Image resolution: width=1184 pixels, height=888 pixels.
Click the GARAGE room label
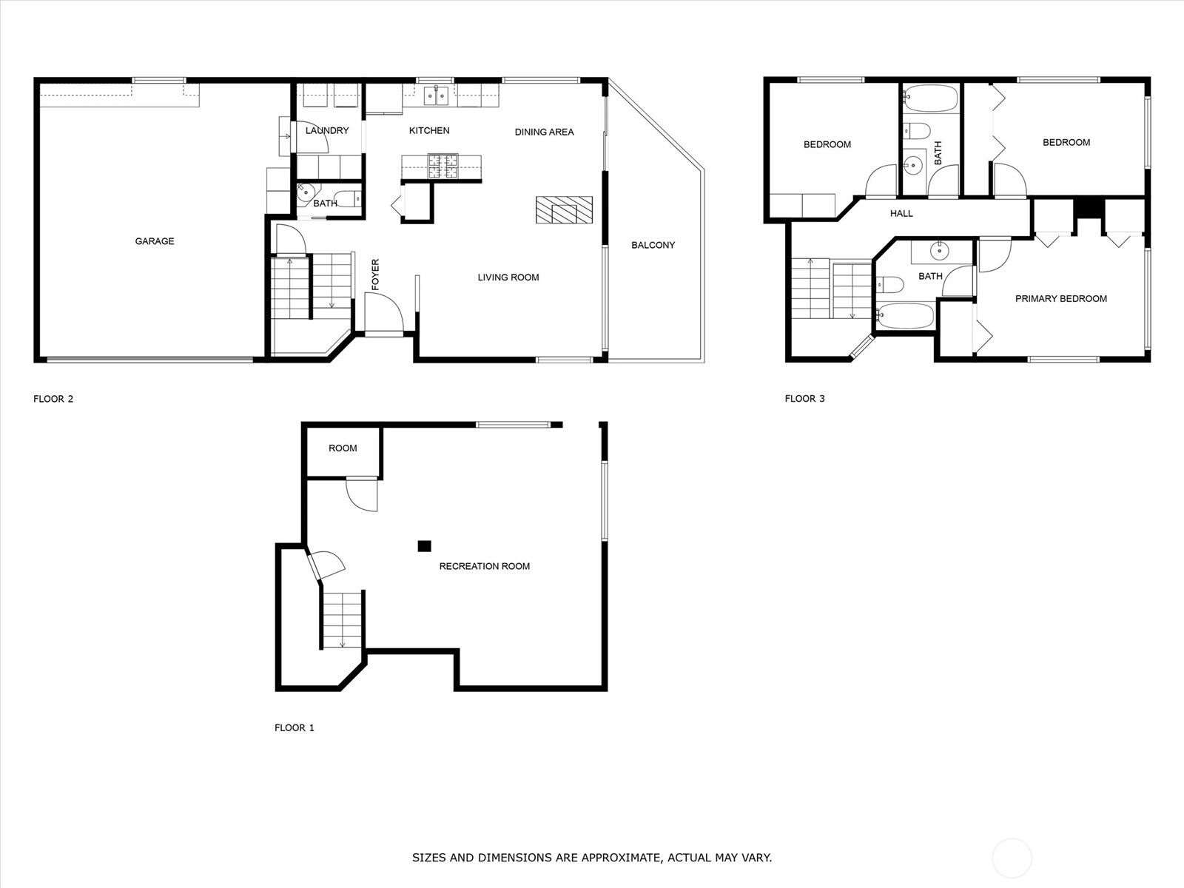click(x=154, y=241)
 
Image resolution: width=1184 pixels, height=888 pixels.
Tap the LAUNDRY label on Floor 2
click(x=327, y=130)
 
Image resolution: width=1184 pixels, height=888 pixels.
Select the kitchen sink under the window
click(x=437, y=96)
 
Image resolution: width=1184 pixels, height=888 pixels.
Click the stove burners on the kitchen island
click(x=443, y=166)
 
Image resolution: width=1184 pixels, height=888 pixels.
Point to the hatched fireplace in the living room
click(x=564, y=209)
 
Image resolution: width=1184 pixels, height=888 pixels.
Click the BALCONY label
click(x=653, y=245)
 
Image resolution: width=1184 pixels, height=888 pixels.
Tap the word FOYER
click(x=375, y=275)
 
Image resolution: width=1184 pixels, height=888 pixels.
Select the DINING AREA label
click(x=544, y=132)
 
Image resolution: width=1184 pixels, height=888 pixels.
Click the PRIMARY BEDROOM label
click(x=1061, y=299)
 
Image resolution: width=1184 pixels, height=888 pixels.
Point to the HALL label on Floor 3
click(x=901, y=214)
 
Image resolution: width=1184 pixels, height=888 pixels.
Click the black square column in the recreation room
click(x=425, y=546)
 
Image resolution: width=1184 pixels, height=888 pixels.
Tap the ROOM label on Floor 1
click(x=343, y=448)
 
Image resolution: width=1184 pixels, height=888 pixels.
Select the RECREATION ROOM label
click(x=485, y=566)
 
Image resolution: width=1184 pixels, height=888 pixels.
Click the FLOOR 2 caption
click(x=53, y=399)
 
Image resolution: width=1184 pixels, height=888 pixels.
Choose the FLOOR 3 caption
click(x=805, y=398)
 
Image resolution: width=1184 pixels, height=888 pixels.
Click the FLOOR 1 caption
click(x=294, y=728)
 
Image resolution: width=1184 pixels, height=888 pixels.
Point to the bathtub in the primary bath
click(x=905, y=315)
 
